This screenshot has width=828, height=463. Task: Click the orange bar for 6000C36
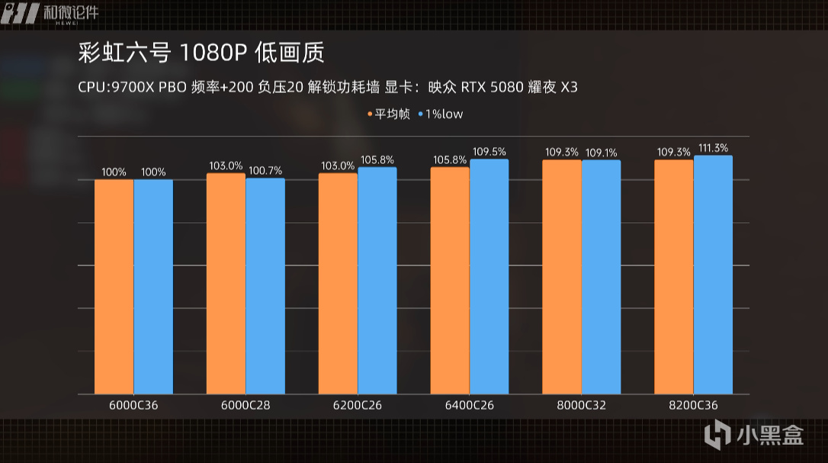114,287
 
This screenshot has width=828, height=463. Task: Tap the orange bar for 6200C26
338,284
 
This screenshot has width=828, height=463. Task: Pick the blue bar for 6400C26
489,277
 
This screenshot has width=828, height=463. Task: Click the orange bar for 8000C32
562,277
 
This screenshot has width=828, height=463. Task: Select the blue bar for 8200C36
714,275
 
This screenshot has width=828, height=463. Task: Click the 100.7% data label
265,166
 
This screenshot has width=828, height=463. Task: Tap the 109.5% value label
489,152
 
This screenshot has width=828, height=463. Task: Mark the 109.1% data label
601,153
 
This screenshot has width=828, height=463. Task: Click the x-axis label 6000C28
246,405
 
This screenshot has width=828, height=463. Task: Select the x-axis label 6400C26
470,405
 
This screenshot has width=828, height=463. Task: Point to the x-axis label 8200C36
693,405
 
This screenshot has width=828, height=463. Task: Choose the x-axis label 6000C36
133,405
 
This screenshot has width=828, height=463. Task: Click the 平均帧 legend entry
390,114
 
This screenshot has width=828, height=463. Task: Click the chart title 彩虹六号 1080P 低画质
201,53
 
